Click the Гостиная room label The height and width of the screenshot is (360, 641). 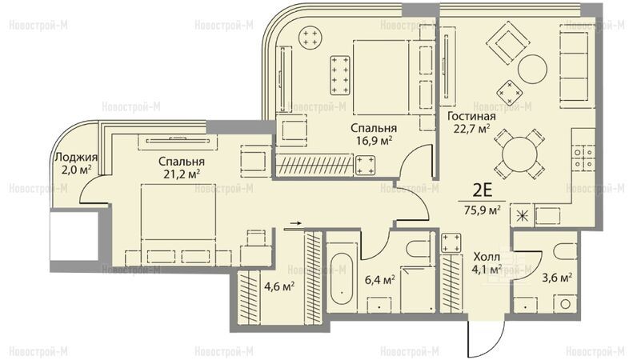[x=471, y=116]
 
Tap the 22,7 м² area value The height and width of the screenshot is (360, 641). [x=472, y=129]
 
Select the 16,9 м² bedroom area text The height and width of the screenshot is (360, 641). [x=375, y=141]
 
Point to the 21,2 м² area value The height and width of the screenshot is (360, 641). [x=182, y=174]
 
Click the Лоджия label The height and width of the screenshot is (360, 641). [x=76, y=158]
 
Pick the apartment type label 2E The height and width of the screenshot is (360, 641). [x=483, y=190]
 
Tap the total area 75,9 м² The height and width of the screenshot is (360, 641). [x=483, y=210]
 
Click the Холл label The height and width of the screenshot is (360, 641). [x=487, y=257]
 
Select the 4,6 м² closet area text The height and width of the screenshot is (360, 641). [x=279, y=286]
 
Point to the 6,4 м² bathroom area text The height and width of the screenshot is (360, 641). [x=380, y=280]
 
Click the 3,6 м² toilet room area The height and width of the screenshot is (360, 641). [x=557, y=278]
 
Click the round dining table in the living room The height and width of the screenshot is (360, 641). [x=519, y=154]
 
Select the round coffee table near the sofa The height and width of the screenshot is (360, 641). [x=532, y=70]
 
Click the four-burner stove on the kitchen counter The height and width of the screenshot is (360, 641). [x=583, y=158]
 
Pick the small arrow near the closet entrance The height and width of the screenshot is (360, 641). [x=295, y=223]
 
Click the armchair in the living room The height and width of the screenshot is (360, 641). [x=508, y=43]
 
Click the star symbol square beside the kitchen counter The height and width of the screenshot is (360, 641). [x=521, y=215]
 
